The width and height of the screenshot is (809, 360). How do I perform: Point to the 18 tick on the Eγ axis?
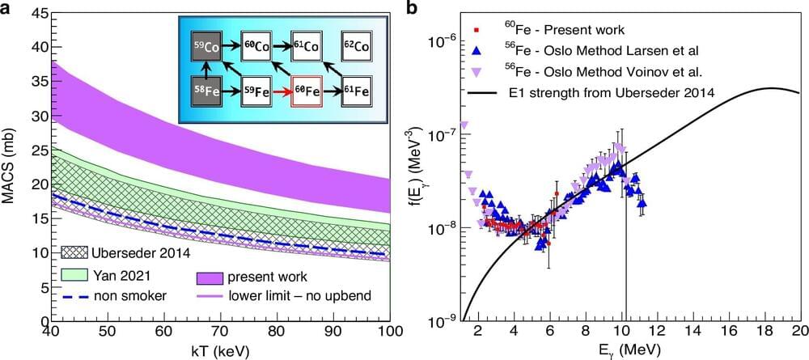pyautogui.click(x=765, y=332)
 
